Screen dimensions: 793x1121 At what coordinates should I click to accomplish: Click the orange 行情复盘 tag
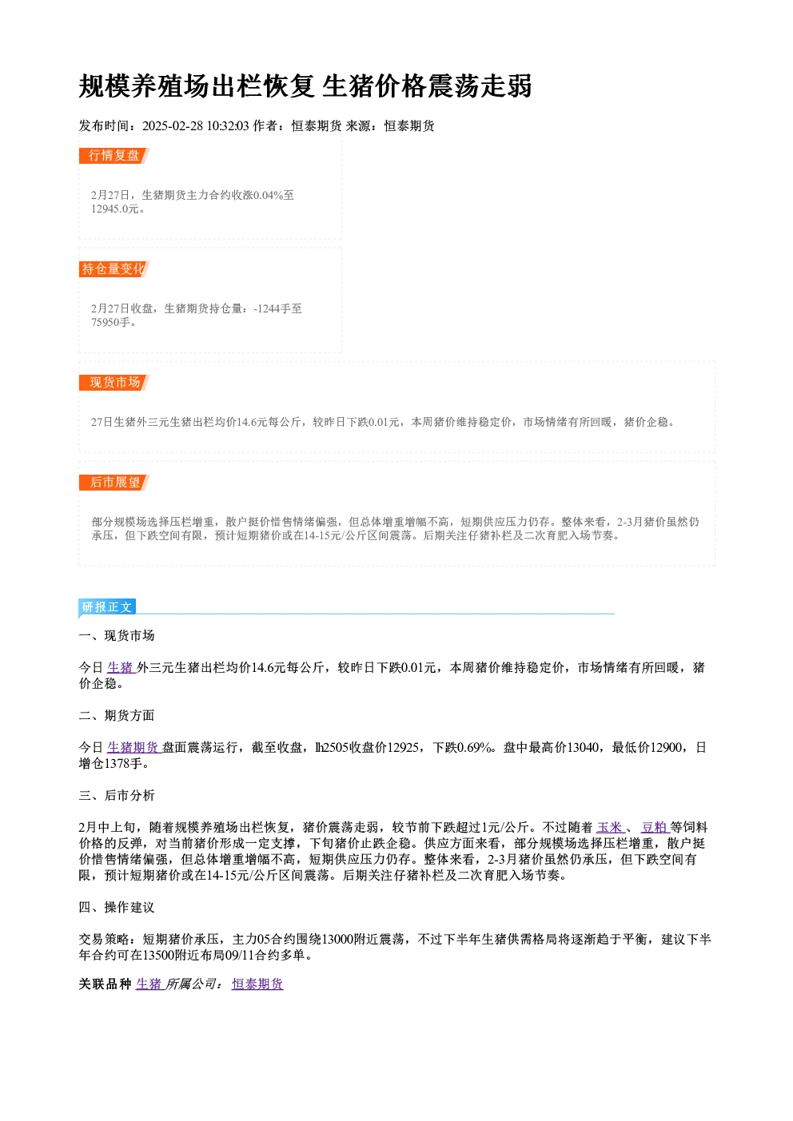tap(114, 156)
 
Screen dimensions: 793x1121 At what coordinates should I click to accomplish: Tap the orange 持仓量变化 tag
tap(114, 269)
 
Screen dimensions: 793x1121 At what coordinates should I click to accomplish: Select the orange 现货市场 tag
tap(114, 383)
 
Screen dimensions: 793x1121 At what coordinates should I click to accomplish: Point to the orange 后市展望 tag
tap(114, 483)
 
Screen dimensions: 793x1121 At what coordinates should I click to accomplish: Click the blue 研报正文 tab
tap(107, 607)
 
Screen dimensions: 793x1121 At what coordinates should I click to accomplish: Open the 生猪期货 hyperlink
tap(133, 747)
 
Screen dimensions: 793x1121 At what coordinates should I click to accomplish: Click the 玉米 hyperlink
tap(609, 827)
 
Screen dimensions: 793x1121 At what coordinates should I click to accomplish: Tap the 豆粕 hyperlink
tap(655, 827)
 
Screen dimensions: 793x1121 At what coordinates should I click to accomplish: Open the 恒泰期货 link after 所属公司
tap(257, 984)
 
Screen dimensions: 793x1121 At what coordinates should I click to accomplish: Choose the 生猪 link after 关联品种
tap(149, 984)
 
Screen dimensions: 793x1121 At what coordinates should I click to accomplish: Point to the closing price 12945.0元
tap(115, 209)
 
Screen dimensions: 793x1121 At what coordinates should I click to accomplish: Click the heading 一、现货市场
tap(117, 635)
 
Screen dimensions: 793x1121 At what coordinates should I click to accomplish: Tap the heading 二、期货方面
tap(117, 716)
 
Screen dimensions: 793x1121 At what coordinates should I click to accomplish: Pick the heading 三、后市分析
tap(117, 796)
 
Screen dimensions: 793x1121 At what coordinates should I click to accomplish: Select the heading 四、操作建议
tap(117, 908)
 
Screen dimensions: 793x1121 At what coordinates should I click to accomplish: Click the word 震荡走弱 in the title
tap(480, 85)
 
